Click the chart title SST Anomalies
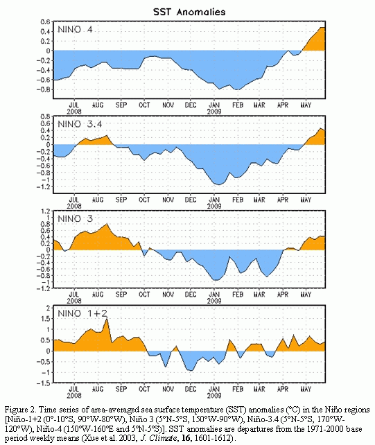[189, 12]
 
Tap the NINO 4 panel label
[76, 30]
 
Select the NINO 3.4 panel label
[80, 124]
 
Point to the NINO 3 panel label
[76, 219]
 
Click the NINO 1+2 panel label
[82, 313]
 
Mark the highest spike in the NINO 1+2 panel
[107, 318]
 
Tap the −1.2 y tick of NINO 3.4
[43, 186]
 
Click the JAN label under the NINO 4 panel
[214, 105]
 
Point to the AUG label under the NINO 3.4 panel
[98, 200]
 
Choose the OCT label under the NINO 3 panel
[144, 295]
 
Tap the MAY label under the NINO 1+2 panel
[306, 389]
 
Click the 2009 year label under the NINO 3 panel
[214, 301]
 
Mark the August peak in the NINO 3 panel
[107, 224]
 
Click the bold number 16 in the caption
[186, 438]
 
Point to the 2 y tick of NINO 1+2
[48, 308]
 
